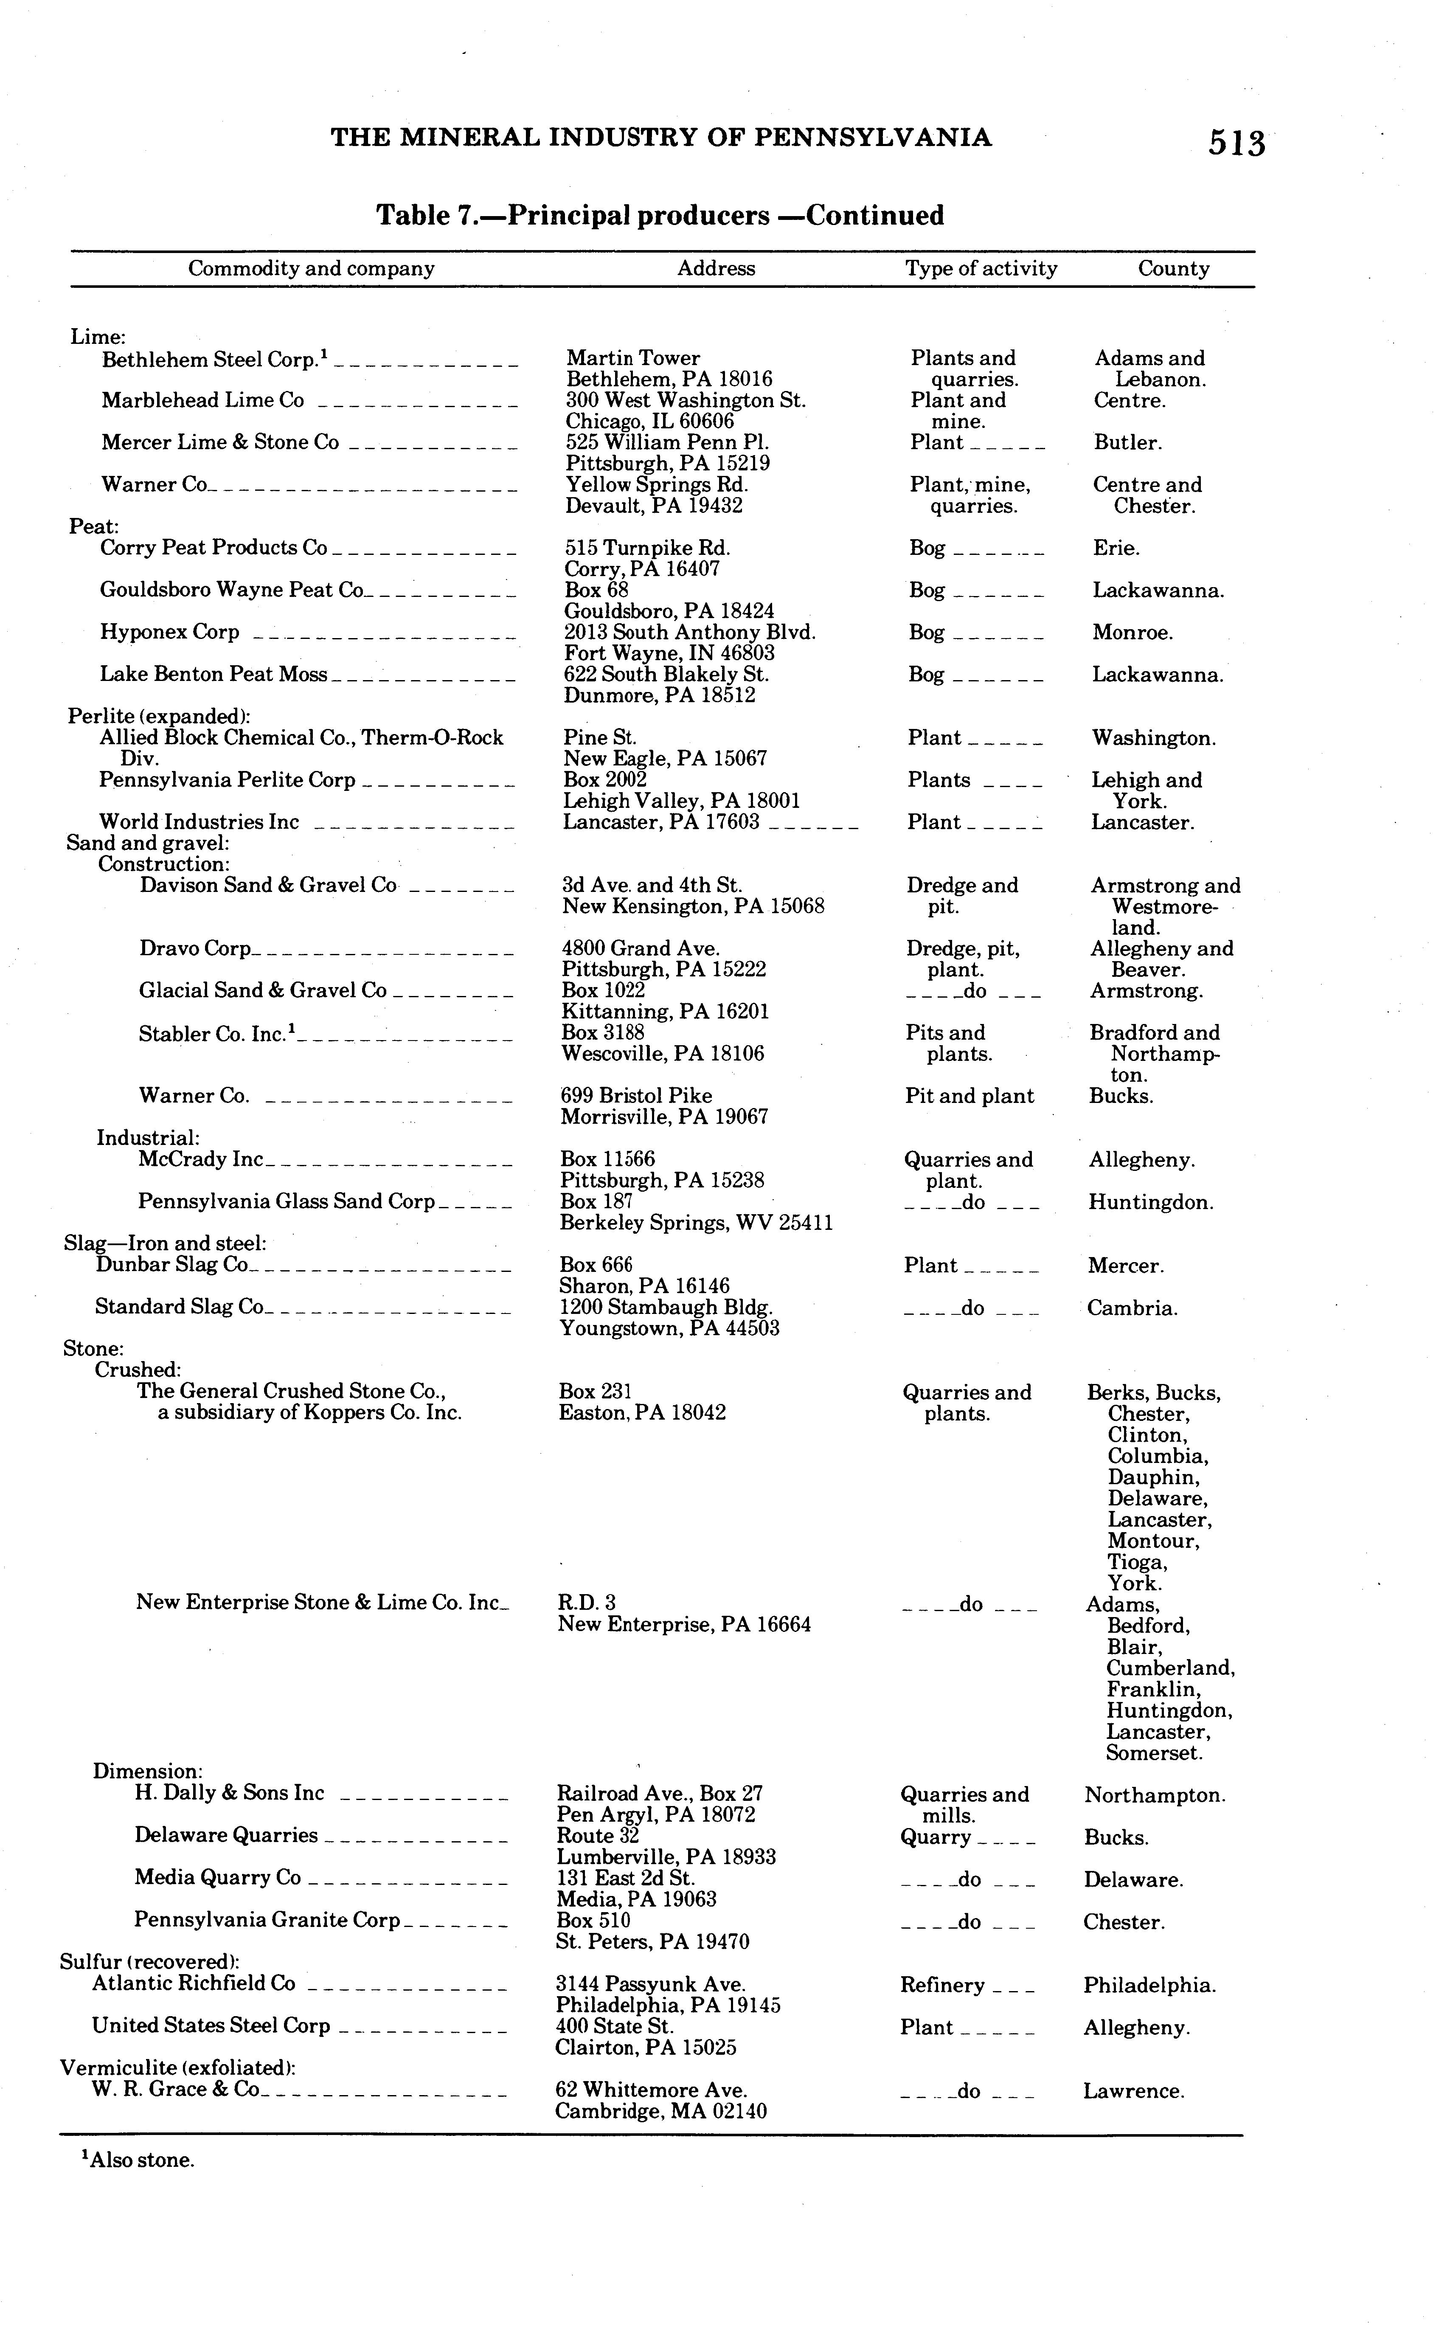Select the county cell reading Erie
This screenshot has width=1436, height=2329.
point(1116,548)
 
